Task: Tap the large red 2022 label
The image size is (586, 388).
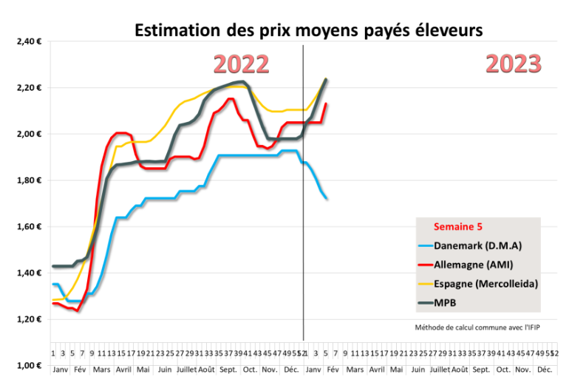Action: click(x=242, y=64)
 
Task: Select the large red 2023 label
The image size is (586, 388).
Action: click(x=514, y=64)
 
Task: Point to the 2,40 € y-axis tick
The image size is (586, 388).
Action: click(x=27, y=41)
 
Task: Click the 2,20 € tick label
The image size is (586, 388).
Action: click(x=27, y=88)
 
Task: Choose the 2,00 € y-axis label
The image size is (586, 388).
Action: click(x=27, y=134)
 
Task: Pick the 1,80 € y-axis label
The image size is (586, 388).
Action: click(x=27, y=180)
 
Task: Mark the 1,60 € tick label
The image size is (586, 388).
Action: click(x=27, y=226)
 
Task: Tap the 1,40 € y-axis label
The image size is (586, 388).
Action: click(x=27, y=273)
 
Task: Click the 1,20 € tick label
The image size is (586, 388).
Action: click(x=27, y=319)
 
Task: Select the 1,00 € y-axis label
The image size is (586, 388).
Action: click(x=27, y=365)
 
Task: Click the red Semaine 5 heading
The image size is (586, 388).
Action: click(x=457, y=227)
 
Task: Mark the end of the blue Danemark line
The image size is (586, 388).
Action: click(x=327, y=197)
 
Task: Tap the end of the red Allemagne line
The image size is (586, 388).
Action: click(x=327, y=104)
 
